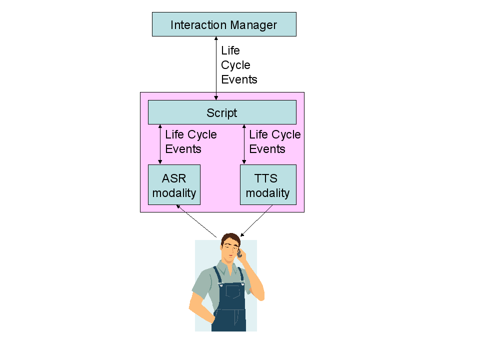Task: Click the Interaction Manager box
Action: [x=224, y=24]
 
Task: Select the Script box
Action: [x=222, y=112]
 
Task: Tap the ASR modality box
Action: [x=174, y=185]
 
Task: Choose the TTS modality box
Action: [x=268, y=185]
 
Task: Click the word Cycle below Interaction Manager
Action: [x=235, y=65]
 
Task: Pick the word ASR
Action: [x=174, y=178]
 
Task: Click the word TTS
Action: [x=265, y=178]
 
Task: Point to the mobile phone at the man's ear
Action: [x=239, y=253]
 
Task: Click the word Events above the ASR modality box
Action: [x=183, y=149]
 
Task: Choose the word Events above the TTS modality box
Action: [x=267, y=149]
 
